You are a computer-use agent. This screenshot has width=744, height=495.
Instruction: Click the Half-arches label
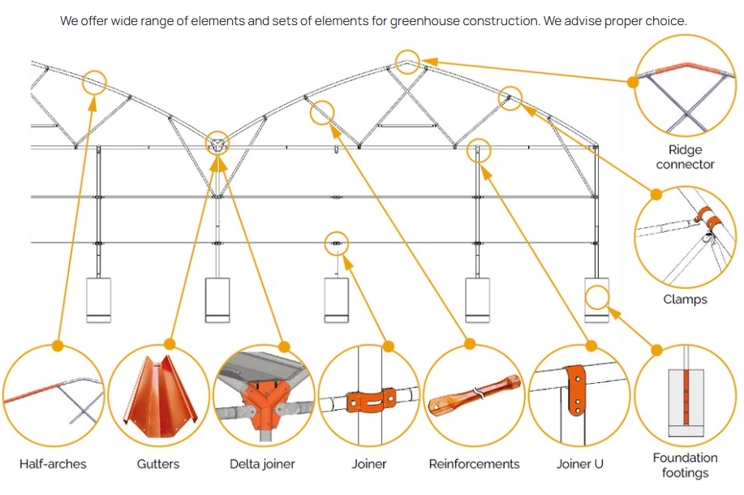(x=53, y=464)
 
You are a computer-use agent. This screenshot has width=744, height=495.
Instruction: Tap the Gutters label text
(x=158, y=464)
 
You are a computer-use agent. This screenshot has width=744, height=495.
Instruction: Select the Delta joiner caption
(x=262, y=464)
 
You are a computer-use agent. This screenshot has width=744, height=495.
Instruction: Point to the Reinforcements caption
(x=474, y=464)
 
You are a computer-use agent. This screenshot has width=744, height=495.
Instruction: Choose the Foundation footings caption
(x=685, y=465)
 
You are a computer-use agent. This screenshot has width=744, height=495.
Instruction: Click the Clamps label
(x=685, y=299)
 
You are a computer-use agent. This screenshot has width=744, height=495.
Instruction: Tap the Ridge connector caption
(x=685, y=157)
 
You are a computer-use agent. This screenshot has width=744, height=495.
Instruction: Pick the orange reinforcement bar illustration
(x=474, y=394)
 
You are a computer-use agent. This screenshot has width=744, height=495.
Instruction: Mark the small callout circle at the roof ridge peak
(x=407, y=61)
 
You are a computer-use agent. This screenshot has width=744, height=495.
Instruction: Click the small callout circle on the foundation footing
(x=597, y=296)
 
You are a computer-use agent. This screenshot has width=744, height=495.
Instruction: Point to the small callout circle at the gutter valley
(x=217, y=144)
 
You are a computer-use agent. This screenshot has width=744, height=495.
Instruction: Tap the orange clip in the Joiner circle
(x=368, y=400)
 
